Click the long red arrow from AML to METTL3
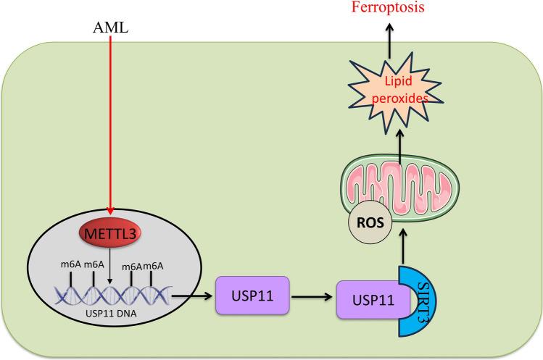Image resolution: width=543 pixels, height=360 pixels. (x=110, y=130)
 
